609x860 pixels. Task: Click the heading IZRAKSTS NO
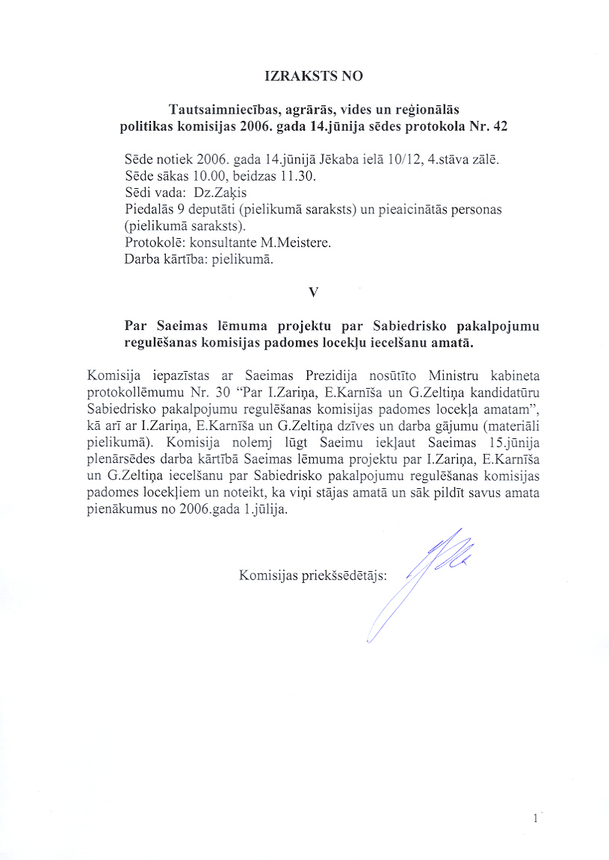[x=314, y=76]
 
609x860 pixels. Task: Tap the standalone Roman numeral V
[x=314, y=293]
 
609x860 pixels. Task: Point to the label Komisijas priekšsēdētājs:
[x=312, y=576]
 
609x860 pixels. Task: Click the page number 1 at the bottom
[x=536, y=819]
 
